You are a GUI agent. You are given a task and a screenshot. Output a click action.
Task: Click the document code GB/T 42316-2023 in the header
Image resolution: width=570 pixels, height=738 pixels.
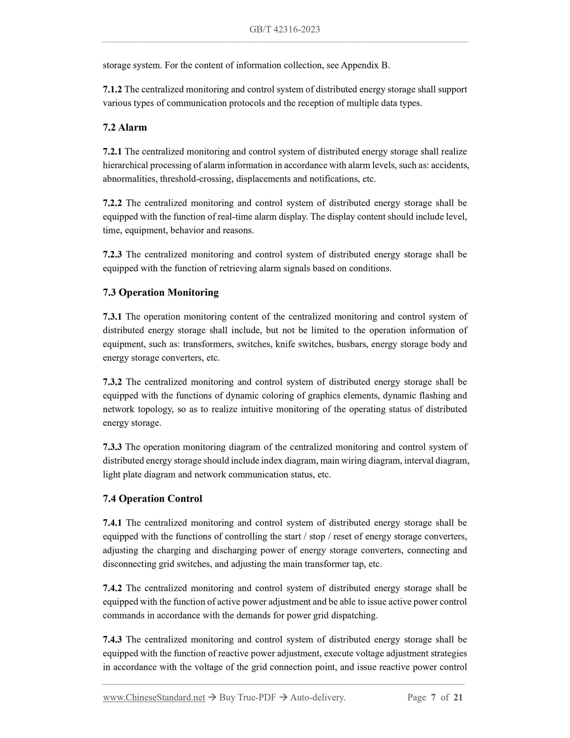coord(284,30)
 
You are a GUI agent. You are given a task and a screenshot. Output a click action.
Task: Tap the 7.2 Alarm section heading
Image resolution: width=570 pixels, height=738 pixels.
coord(125,127)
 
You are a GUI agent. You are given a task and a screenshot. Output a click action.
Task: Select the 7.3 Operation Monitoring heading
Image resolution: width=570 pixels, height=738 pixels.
coord(161,292)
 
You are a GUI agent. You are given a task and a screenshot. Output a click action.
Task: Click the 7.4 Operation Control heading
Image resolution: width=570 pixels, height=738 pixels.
coord(152,499)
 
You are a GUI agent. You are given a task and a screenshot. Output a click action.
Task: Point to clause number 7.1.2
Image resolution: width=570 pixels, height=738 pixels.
coord(112,90)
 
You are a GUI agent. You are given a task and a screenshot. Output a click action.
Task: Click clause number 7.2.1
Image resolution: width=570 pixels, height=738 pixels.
coord(112,152)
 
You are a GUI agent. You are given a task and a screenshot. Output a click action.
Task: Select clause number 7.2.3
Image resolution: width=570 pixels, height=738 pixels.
coord(112,255)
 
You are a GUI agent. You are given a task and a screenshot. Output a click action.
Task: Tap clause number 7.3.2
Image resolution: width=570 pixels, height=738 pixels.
coord(112,382)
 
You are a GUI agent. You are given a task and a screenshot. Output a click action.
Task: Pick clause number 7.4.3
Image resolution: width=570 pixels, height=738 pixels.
coord(112,639)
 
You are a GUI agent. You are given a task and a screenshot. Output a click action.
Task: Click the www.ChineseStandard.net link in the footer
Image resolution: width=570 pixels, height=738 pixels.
coord(154,698)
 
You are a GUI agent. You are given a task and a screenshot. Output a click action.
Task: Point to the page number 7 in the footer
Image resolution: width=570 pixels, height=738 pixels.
coord(433,698)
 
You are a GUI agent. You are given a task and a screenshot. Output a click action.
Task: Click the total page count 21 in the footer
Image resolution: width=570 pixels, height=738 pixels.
coord(458,698)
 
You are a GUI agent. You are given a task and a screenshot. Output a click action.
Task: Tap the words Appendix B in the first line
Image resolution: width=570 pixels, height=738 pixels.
coord(365,66)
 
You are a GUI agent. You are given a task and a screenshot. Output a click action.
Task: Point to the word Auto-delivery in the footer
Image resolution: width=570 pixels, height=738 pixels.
coord(318,698)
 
